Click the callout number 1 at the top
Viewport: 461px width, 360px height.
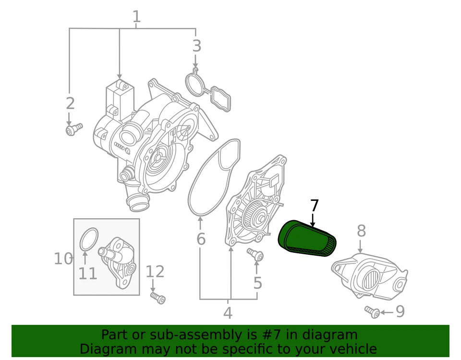[136, 17]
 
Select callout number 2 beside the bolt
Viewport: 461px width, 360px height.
[70, 103]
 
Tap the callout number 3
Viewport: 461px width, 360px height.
[196, 47]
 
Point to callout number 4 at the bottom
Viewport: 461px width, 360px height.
[228, 313]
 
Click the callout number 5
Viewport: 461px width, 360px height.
[258, 283]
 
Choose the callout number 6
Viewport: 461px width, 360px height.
[201, 238]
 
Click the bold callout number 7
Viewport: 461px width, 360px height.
[314, 206]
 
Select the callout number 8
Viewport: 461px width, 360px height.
[361, 231]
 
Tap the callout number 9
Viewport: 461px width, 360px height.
[400, 311]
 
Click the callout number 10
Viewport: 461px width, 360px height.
[63, 259]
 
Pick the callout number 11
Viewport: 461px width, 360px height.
[87, 273]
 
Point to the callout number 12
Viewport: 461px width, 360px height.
[155, 272]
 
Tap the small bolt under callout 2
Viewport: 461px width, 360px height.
[73, 129]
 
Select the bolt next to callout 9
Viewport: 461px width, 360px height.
[372, 311]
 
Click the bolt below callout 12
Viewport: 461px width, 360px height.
[158, 298]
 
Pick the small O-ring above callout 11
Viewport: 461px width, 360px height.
[88, 239]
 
